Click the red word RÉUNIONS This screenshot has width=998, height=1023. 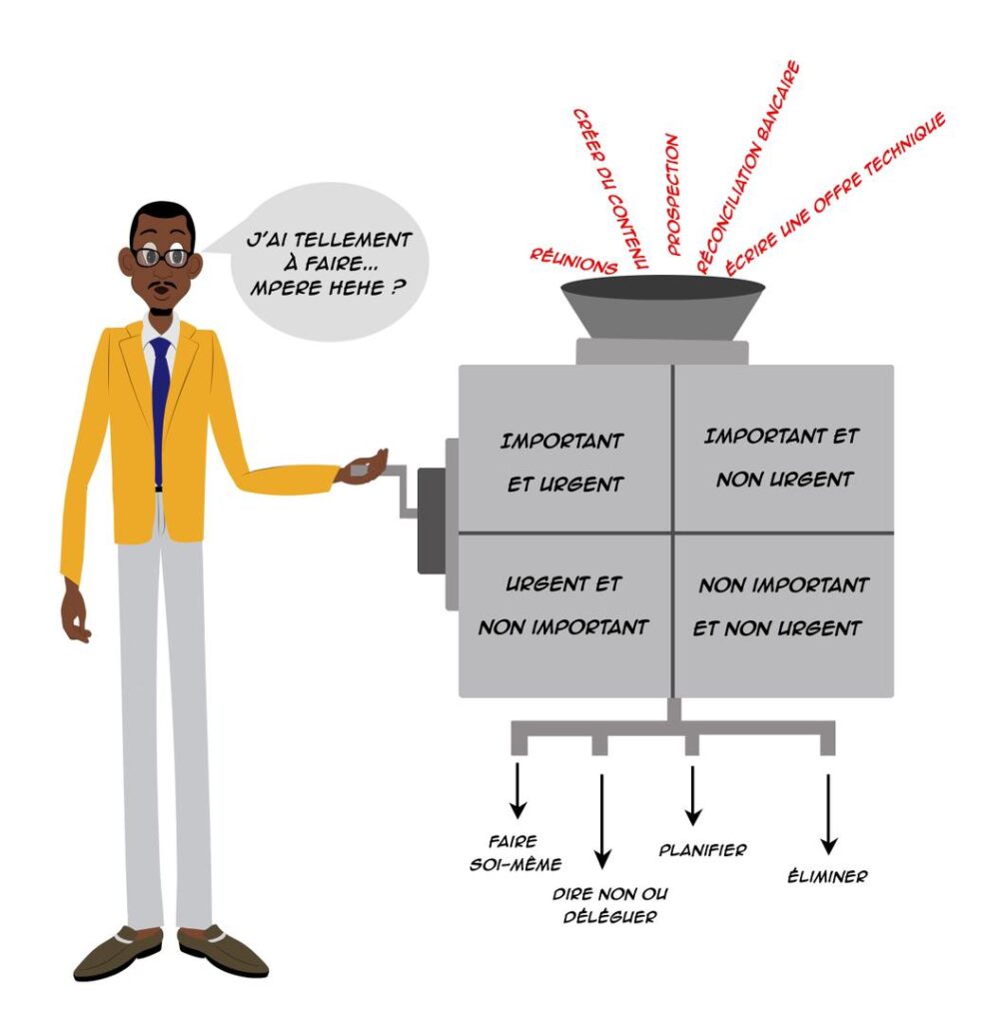point(572,261)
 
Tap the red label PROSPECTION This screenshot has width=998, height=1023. point(672,195)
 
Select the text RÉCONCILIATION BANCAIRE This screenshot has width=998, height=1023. point(747,167)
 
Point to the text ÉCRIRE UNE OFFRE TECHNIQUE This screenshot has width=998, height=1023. point(835,194)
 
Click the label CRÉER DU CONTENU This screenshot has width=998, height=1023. point(609,189)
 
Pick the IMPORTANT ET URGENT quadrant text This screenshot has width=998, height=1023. point(561,463)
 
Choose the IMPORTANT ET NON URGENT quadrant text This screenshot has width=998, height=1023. point(782,458)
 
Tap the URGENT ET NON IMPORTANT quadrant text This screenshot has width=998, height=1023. point(562,605)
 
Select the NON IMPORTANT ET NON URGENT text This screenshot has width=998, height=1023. point(781,606)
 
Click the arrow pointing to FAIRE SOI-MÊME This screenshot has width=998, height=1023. point(517,790)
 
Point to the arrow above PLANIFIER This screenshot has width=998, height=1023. point(692,795)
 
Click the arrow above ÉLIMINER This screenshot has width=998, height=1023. point(828,814)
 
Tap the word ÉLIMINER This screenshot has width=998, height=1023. point(827,875)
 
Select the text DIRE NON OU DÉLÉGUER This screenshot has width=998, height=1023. point(610,905)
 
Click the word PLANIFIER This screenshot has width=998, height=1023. point(702,850)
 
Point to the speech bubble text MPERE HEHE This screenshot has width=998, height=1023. point(328,288)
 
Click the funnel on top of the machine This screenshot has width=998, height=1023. point(662,307)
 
